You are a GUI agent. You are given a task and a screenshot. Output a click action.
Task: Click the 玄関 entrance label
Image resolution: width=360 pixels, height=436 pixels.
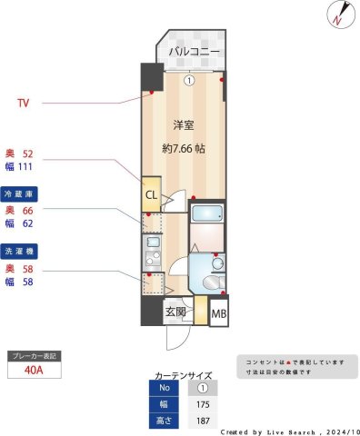coord(175,313)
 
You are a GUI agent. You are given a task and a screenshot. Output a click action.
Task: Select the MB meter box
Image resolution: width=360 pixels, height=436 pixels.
coord(218,314)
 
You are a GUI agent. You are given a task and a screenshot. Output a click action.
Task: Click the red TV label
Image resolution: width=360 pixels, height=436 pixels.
coord(23,103)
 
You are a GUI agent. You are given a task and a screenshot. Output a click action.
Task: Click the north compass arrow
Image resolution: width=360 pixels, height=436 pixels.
coord(338,15)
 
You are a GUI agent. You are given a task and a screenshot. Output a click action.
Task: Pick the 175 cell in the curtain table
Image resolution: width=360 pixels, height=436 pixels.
coord(202,404)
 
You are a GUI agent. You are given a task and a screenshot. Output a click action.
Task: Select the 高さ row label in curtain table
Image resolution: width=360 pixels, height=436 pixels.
coord(164,421)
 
